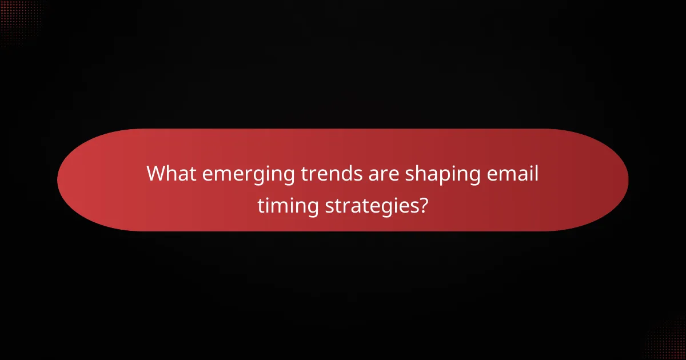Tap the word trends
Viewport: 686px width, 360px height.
(326, 174)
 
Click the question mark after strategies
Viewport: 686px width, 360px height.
(422, 204)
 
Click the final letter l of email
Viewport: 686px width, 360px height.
(537, 173)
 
